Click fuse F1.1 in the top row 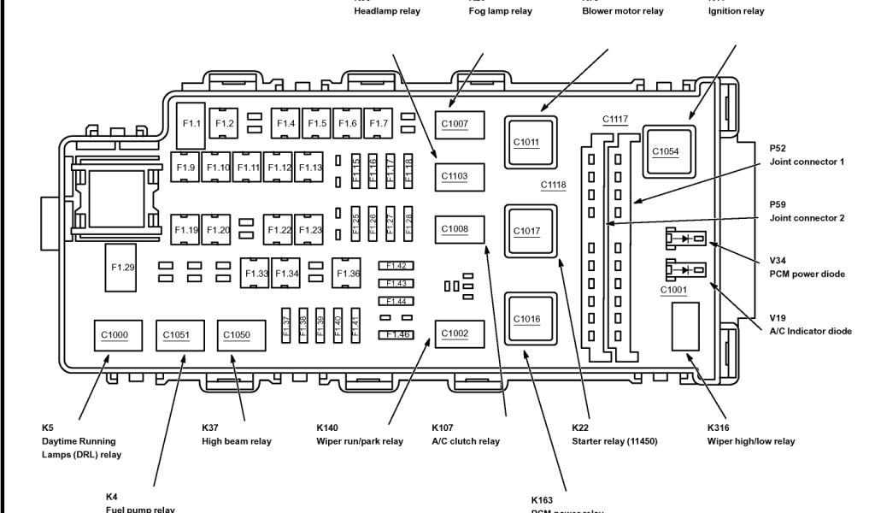(192, 124)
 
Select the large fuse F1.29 (123, 267)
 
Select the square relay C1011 (527, 141)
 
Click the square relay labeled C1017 (527, 231)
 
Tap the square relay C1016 (527, 319)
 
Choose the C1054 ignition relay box (666, 151)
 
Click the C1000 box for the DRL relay (114, 335)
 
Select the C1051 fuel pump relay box (176, 335)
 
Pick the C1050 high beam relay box (238, 335)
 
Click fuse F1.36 (348, 274)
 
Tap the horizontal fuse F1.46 (396, 334)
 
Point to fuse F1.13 (309, 167)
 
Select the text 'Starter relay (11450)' (614, 441)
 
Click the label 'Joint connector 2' (807, 218)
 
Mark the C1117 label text (614, 119)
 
